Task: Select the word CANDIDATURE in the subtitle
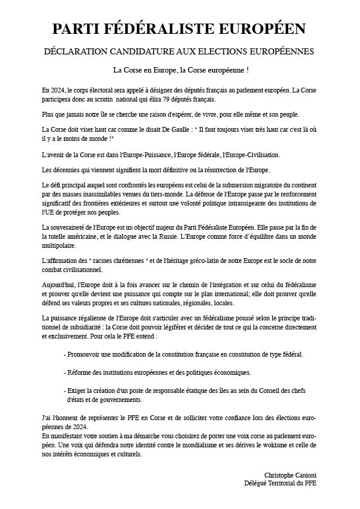tap(140, 52)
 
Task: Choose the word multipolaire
tap(59, 247)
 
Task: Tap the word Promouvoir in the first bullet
tap(85, 354)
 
